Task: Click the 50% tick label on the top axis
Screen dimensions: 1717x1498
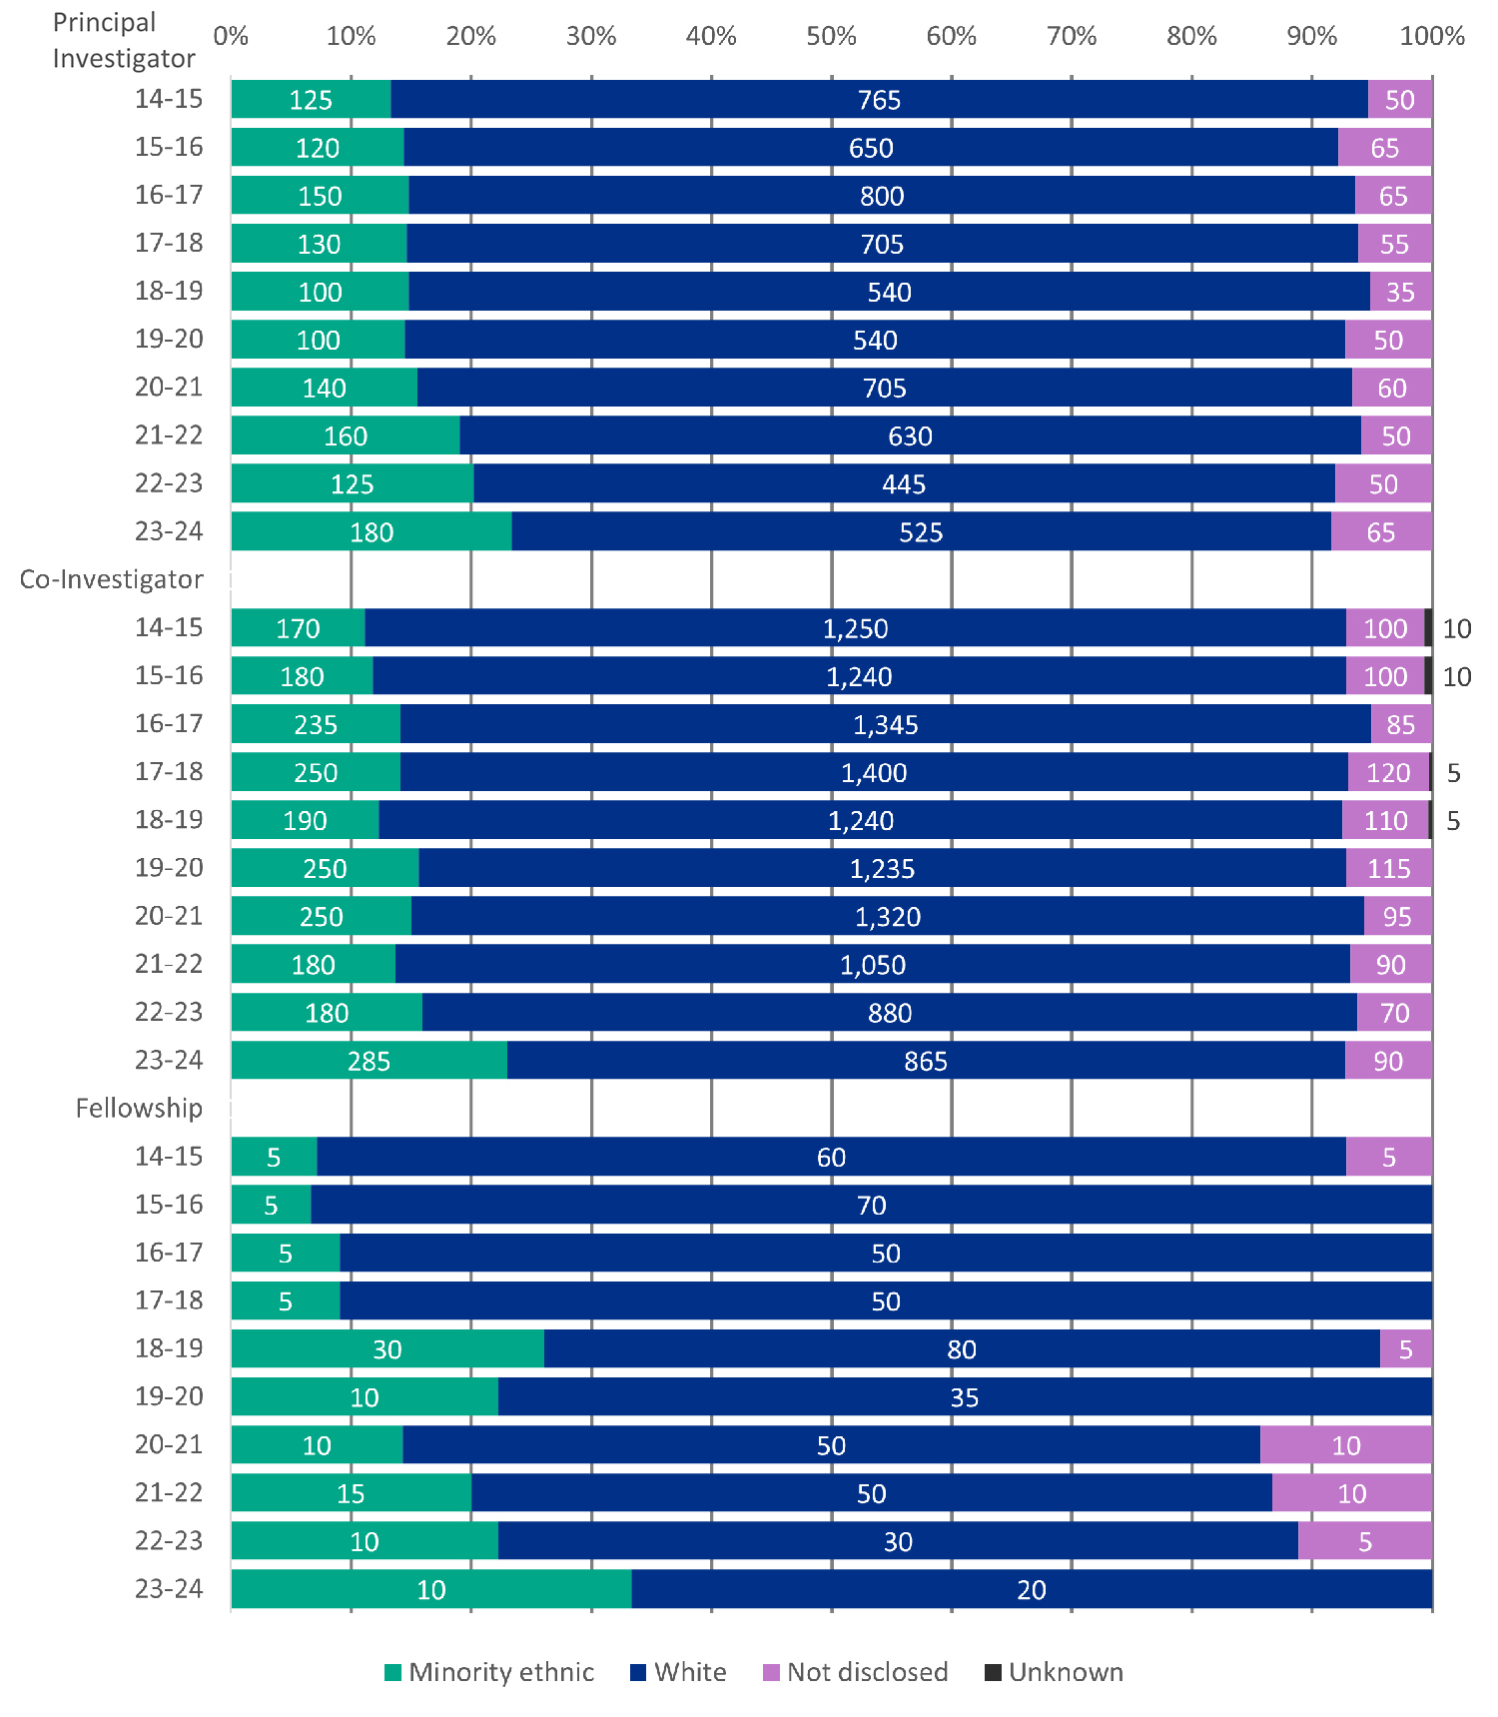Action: point(831,37)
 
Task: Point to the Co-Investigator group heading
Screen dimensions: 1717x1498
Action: point(112,579)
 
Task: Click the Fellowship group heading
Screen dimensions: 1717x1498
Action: point(139,1108)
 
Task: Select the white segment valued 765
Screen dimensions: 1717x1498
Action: point(879,100)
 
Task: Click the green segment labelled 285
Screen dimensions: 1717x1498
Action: point(369,1061)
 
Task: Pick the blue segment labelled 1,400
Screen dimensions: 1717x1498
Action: point(874,772)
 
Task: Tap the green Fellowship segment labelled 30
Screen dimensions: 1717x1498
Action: point(387,1349)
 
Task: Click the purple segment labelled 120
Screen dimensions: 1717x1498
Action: point(1388,772)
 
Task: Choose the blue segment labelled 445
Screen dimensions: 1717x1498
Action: point(904,484)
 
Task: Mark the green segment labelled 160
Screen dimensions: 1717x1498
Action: point(346,436)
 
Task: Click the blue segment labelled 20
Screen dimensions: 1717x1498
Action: point(1032,1589)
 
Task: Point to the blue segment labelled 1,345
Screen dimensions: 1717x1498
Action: point(885,724)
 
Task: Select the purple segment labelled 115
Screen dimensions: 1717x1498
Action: point(1388,868)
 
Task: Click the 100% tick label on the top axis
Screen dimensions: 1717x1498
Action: point(1432,37)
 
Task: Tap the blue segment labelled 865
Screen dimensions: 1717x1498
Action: point(926,1061)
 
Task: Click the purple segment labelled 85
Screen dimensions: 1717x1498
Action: point(1401,724)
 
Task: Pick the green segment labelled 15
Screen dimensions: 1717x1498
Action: point(351,1493)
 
